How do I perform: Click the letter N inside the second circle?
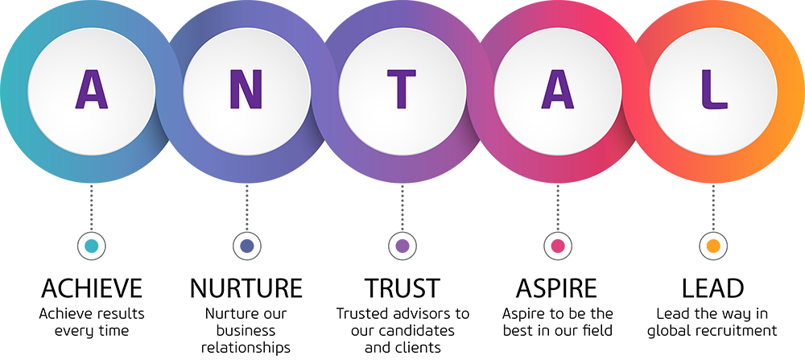[246, 89]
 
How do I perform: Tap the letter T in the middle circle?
[402, 89]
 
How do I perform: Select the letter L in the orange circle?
[714, 89]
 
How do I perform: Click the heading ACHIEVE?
[92, 288]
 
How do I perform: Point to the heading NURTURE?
[246, 288]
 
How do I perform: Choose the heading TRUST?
[402, 288]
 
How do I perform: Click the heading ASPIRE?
[557, 288]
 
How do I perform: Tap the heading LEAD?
[712, 288]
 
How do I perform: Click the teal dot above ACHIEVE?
[92, 246]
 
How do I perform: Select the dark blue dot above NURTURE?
[247, 246]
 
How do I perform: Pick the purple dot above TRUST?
[402, 246]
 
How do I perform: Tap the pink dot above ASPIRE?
[558, 246]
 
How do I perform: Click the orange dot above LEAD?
[713, 246]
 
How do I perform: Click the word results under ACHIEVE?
[120, 313]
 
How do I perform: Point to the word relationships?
[246, 348]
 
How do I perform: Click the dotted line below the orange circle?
[713, 208]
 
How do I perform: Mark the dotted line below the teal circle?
[92, 208]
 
